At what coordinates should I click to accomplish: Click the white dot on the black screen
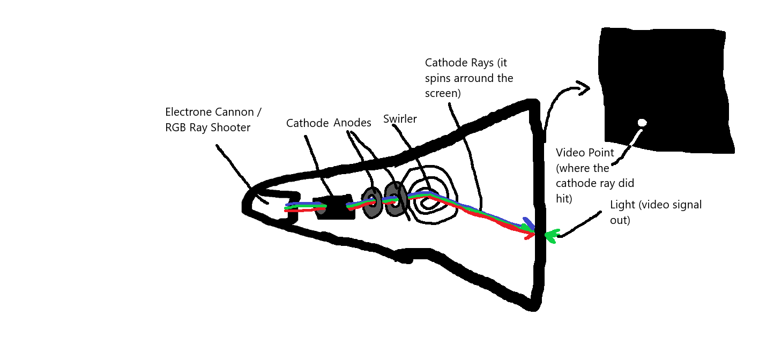[x=642, y=123]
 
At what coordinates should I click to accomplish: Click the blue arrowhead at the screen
[x=529, y=223]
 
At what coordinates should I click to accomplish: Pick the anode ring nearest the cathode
[x=371, y=202]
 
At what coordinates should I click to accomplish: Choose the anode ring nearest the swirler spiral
[x=396, y=199]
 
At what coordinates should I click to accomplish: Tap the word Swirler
[x=400, y=119]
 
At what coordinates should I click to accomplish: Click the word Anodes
[x=352, y=123]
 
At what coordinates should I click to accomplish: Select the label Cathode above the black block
[x=307, y=123]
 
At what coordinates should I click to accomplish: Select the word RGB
[x=176, y=128]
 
